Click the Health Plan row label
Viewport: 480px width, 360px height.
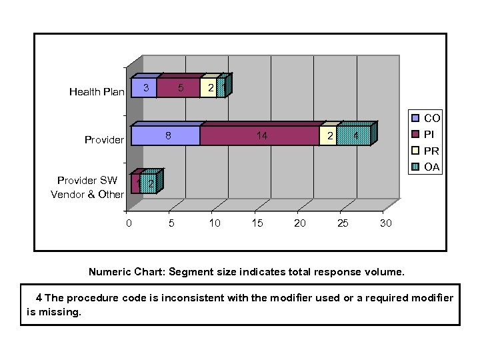click(x=96, y=92)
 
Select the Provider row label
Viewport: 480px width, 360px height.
click(x=104, y=140)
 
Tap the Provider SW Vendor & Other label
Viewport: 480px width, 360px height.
click(x=87, y=187)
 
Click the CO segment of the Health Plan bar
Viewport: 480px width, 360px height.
click(x=144, y=88)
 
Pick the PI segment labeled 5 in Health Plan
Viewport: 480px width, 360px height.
click(x=179, y=88)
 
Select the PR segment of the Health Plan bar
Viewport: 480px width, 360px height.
click(x=209, y=88)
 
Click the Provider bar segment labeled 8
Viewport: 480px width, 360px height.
click(x=166, y=135)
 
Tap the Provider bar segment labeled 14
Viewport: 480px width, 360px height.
click(x=260, y=135)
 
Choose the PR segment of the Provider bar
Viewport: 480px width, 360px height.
click(x=329, y=135)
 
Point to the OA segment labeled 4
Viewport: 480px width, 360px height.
click(x=354, y=135)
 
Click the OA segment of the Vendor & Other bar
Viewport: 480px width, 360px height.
click(x=149, y=183)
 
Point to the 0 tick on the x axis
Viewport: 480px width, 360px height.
click(x=129, y=223)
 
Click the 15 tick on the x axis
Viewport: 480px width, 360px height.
click(x=257, y=223)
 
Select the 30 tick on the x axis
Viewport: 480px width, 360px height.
click(x=385, y=223)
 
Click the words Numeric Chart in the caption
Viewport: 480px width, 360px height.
click(x=126, y=272)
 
